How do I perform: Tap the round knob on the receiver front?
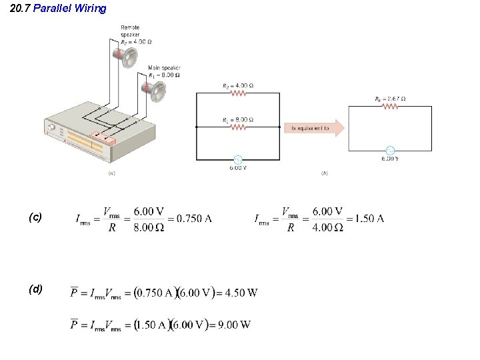[x=51, y=127]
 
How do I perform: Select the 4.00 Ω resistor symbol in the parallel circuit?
[x=237, y=94]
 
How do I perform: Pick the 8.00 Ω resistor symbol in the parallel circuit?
[x=237, y=126]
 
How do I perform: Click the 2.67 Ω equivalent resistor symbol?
[x=390, y=107]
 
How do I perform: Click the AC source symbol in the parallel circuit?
[x=237, y=160]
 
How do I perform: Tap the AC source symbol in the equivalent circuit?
[x=390, y=151]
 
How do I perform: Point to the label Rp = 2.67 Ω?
[x=391, y=99]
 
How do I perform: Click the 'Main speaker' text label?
[x=163, y=68]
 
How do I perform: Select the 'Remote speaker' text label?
[x=130, y=31]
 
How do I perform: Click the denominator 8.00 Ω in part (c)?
[x=149, y=227]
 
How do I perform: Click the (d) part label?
[x=35, y=289]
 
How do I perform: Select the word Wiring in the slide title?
[x=90, y=9]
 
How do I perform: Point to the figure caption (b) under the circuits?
[x=324, y=173]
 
